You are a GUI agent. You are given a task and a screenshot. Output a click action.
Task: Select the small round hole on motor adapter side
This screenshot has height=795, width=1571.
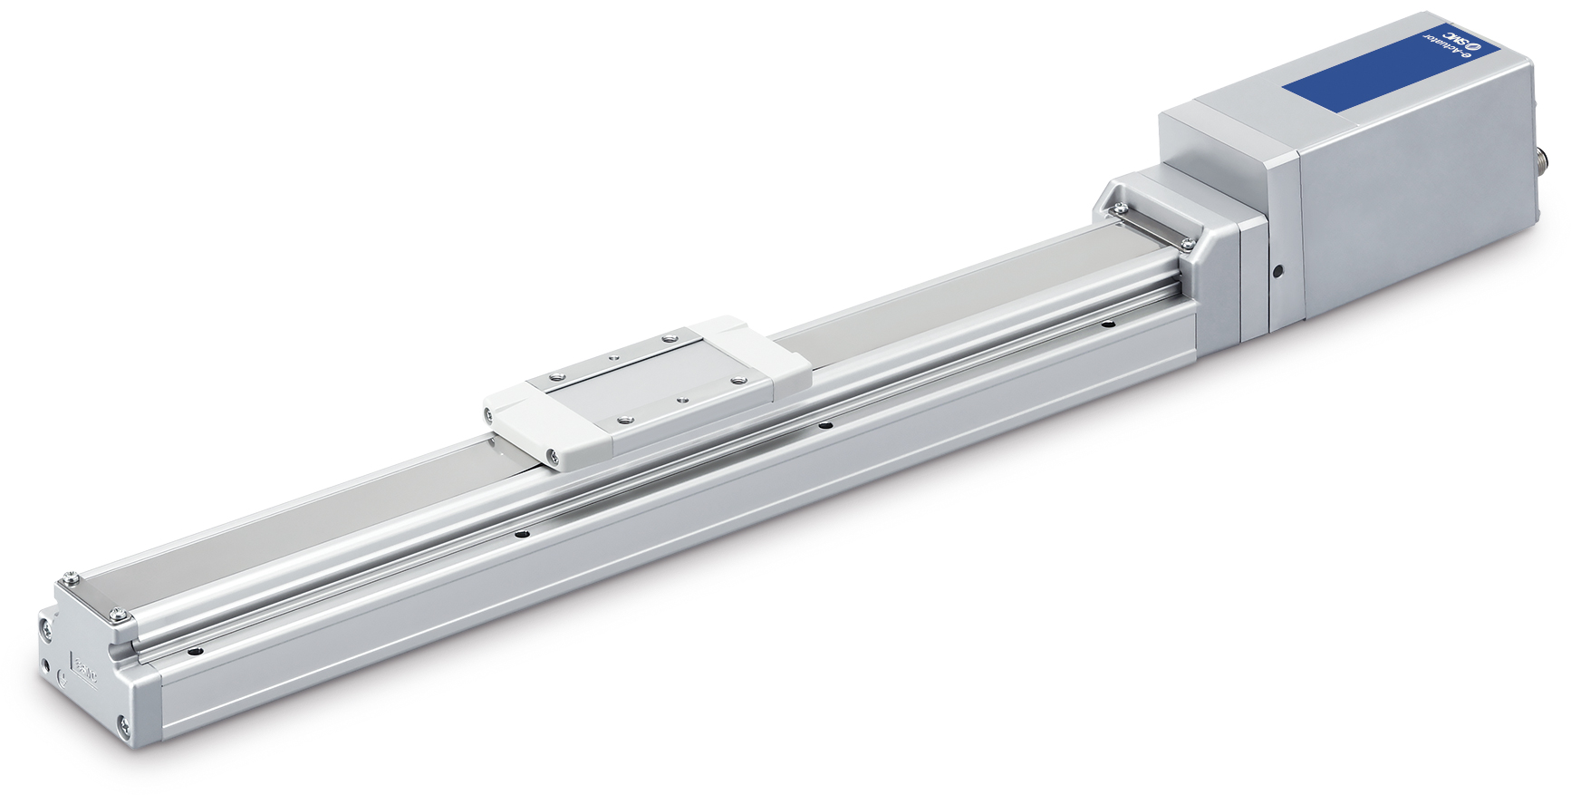coord(1277,270)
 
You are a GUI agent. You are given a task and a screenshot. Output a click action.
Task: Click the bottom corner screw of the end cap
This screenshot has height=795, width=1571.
coord(122,724)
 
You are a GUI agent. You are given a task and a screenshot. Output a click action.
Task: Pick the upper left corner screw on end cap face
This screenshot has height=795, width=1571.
coord(45,625)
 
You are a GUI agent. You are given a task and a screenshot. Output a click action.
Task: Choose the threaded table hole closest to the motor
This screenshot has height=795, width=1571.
coord(669,337)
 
